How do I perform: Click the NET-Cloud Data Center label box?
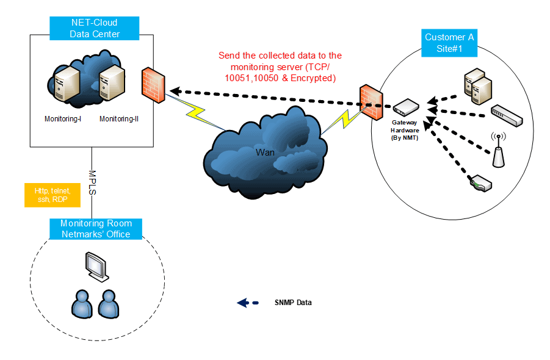(x=94, y=28)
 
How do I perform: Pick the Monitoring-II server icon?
(x=113, y=81)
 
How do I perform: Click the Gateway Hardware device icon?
(x=405, y=109)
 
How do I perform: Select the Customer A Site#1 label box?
(x=449, y=43)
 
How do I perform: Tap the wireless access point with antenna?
(x=499, y=151)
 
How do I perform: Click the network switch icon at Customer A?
(x=507, y=115)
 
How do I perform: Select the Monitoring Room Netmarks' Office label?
(x=95, y=229)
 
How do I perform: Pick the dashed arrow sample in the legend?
(x=248, y=302)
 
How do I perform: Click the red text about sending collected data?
(x=280, y=67)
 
